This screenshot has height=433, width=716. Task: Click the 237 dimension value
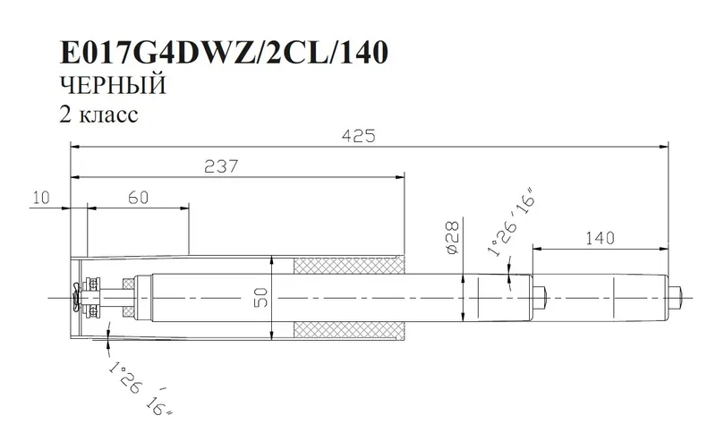coord(220,166)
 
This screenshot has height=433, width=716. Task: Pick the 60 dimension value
coord(137,198)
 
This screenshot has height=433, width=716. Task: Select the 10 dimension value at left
coord(38,198)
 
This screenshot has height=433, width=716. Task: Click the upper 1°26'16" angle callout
coord(507,224)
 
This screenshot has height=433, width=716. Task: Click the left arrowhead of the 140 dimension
coord(538,246)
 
